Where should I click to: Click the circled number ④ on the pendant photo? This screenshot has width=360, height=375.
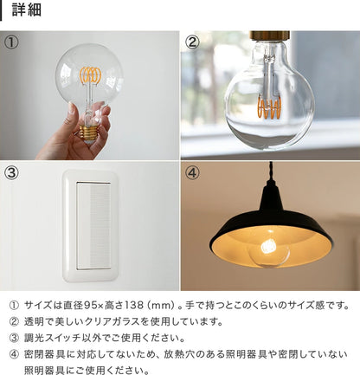[x=192, y=171]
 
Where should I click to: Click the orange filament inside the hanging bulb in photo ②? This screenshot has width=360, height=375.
[x=269, y=109]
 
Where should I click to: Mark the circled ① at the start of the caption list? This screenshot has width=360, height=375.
[x=13, y=305]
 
